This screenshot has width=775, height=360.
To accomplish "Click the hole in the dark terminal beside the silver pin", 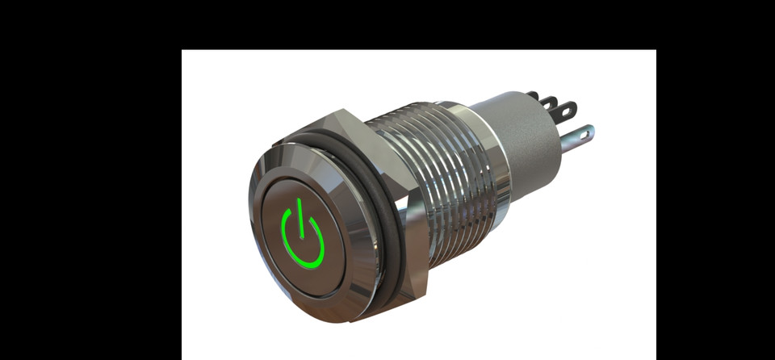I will [x=569, y=106].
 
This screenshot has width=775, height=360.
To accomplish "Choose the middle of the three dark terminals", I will [x=550, y=103].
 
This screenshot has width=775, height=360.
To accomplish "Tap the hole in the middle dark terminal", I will [x=553, y=101].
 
